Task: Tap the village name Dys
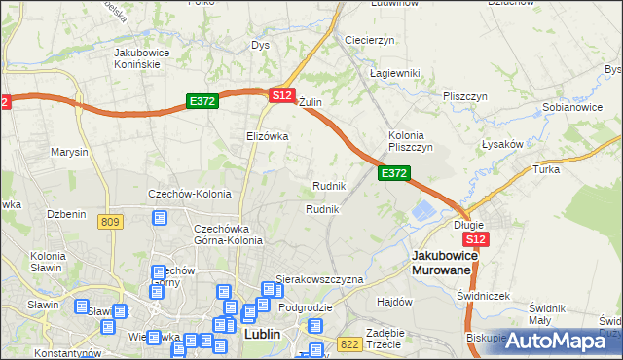point(260,45)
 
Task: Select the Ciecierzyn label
point(369,40)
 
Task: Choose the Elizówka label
point(268,136)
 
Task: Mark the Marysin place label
point(70,153)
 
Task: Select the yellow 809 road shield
point(110,222)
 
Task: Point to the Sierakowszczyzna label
point(319,279)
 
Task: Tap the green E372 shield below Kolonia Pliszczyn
point(393,173)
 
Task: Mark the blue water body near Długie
point(425,209)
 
